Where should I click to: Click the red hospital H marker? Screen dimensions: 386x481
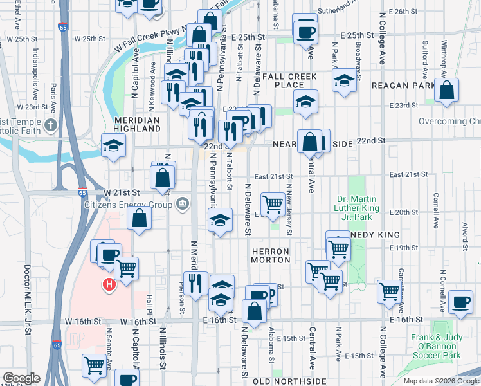pyautogui.click(x=109, y=284)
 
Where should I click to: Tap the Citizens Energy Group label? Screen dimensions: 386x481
pyautogui.click(x=129, y=205)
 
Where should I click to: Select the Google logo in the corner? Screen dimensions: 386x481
pyautogui.click(x=21, y=378)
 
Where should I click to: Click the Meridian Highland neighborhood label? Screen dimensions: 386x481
pyautogui.click(x=137, y=124)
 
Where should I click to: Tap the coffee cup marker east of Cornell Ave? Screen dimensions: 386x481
pyautogui.click(x=460, y=302)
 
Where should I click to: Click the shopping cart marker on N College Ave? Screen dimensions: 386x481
pyautogui.click(x=389, y=291)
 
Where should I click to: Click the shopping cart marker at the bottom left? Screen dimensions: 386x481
pyautogui.click(x=95, y=365)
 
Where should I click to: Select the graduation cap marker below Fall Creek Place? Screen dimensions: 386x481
pyautogui.click(x=305, y=102)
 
